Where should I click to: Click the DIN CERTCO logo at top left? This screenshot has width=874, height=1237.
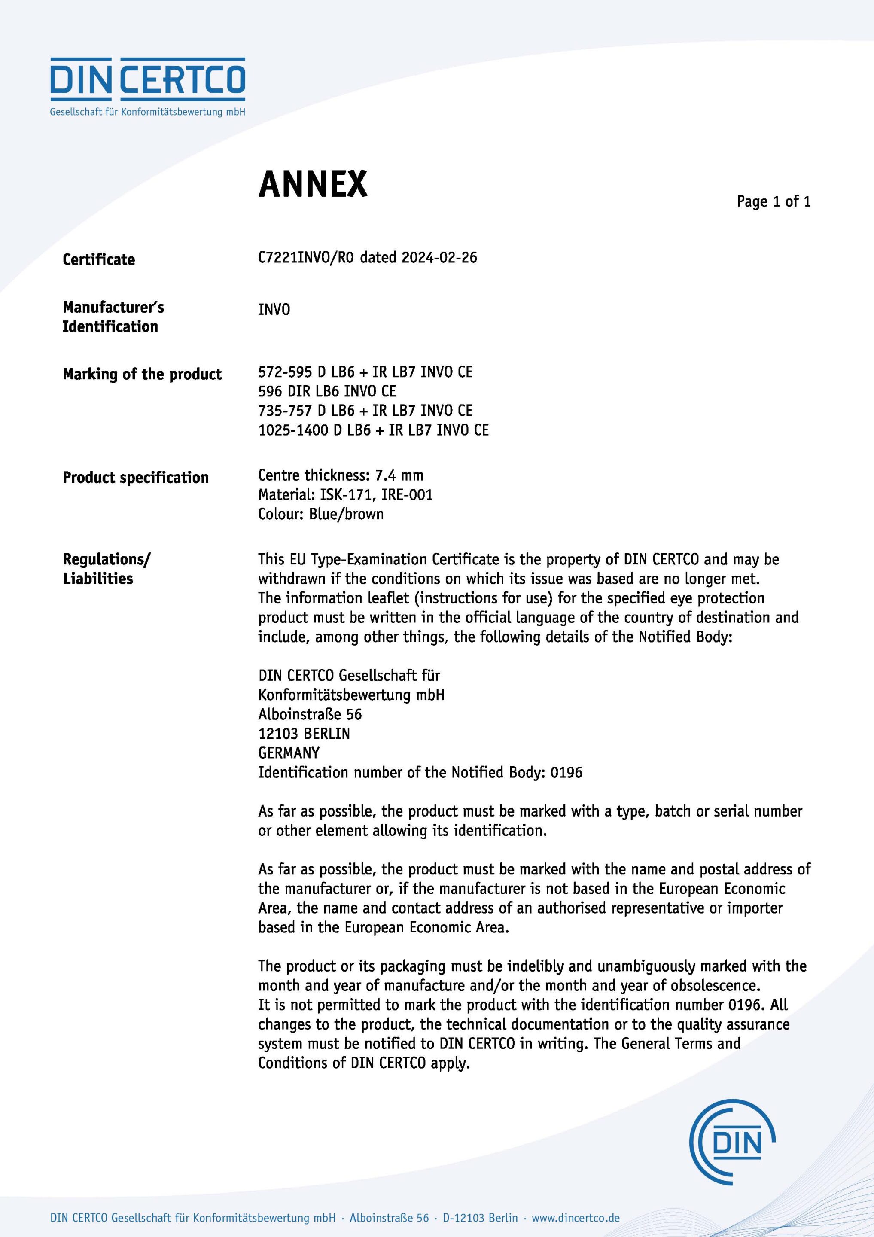coord(148,86)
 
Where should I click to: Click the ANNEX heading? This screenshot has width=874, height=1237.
coord(313,184)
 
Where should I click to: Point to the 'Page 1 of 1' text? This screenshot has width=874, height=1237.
coord(773,201)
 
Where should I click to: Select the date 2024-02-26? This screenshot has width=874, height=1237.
coord(439,258)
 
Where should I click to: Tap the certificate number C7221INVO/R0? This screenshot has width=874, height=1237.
coord(305,258)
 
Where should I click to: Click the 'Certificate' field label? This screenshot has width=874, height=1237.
coord(99,260)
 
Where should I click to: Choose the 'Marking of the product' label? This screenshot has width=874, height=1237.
coord(142,374)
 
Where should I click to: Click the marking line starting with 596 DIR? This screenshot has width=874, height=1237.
coord(327,391)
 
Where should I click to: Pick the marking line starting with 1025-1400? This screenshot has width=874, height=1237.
coord(373,430)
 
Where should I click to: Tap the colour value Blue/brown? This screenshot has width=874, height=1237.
coord(346,514)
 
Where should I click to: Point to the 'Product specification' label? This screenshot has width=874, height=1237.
coord(136,477)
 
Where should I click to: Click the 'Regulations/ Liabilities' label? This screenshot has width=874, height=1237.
coord(106,569)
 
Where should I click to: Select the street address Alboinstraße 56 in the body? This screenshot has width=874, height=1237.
coord(310,714)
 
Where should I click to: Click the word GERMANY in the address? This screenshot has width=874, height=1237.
coord(289,753)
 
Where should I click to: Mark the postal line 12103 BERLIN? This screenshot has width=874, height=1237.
coord(304,734)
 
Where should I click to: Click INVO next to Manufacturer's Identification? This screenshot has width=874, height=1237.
coord(274,309)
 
